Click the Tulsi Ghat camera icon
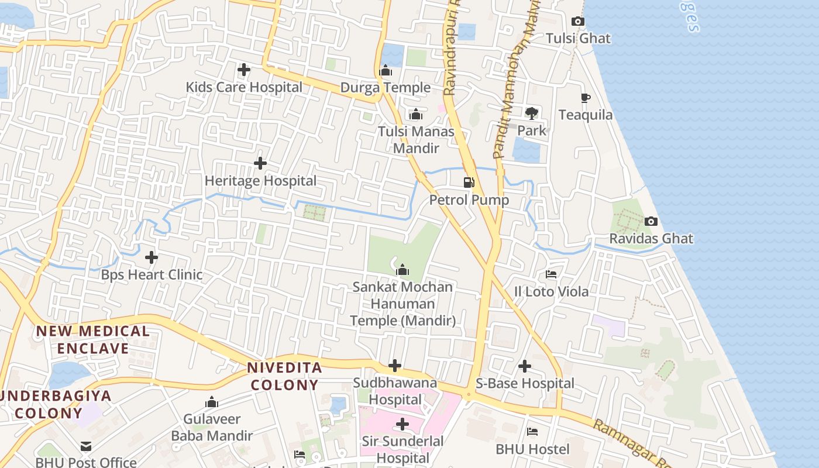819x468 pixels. (x=578, y=22)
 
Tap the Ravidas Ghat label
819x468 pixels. (x=651, y=239)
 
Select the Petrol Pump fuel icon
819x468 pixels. (x=469, y=183)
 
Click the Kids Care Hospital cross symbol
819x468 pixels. (x=244, y=70)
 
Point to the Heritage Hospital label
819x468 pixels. (x=260, y=181)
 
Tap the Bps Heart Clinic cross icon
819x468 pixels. (x=152, y=257)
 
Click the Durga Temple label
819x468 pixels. (x=386, y=88)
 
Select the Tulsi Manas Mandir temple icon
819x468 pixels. (x=416, y=114)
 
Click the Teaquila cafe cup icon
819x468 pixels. (x=586, y=98)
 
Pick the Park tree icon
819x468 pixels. (x=531, y=113)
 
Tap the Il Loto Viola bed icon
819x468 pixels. (x=551, y=274)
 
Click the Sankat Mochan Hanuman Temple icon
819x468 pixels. (x=402, y=270)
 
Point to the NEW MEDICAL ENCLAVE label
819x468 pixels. (x=93, y=340)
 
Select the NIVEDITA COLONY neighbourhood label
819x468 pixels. (x=284, y=376)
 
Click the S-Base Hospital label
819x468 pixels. (x=525, y=384)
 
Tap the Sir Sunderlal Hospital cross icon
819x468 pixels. (x=402, y=424)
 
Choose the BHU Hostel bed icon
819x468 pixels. (x=532, y=432)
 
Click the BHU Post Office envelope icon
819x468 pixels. (x=86, y=446)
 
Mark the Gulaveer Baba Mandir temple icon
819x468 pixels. (x=212, y=402)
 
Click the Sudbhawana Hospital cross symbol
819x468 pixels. (x=395, y=366)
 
